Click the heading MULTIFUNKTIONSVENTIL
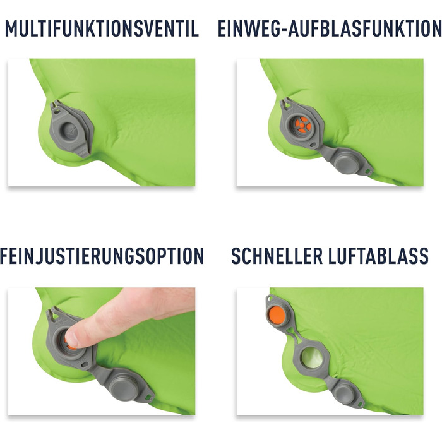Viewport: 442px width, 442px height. [102, 28]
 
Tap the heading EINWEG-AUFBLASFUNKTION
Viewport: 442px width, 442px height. [329, 28]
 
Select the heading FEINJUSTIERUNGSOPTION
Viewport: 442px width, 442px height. [102, 256]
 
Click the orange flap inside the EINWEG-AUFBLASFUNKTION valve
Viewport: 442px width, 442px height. [303, 124]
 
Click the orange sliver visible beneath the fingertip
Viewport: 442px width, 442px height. [71, 346]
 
